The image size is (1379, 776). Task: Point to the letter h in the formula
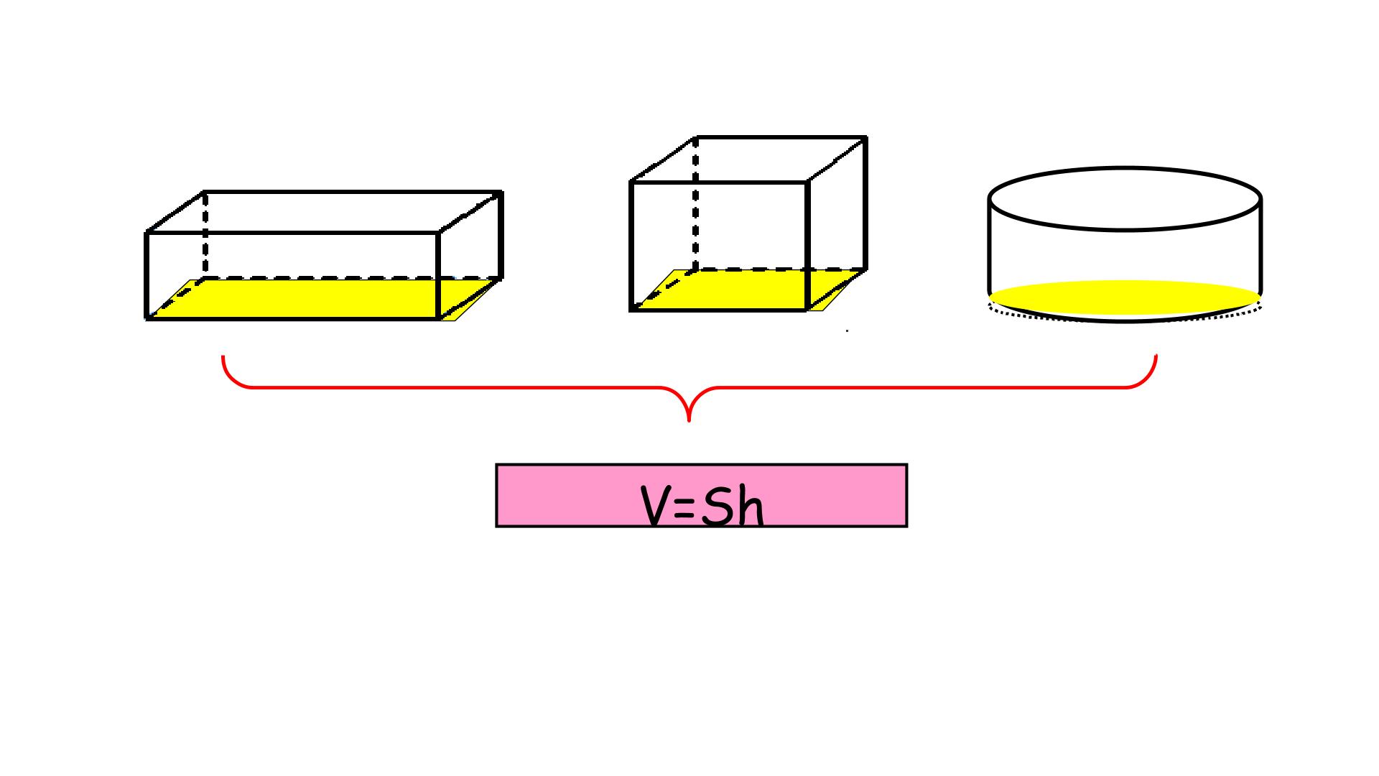click(x=749, y=506)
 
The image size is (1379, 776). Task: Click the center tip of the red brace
click(x=689, y=420)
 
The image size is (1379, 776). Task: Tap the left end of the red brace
click(x=223, y=356)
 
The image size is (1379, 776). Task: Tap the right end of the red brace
click(x=1156, y=356)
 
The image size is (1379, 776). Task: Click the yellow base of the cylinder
click(x=1125, y=297)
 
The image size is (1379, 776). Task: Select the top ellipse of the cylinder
click(x=1125, y=198)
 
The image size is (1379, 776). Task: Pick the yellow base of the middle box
click(x=747, y=290)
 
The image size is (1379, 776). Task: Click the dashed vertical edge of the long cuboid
click(x=205, y=234)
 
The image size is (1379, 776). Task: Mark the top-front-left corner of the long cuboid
click(x=147, y=233)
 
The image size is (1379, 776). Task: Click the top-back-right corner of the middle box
click(x=865, y=137)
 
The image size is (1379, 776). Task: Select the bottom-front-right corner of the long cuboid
click(x=439, y=318)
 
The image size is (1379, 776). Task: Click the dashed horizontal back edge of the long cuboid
click(x=352, y=278)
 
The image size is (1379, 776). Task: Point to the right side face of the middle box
click(x=837, y=223)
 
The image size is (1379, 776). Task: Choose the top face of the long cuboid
click(x=323, y=212)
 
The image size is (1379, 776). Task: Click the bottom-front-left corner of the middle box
click(x=631, y=310)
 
